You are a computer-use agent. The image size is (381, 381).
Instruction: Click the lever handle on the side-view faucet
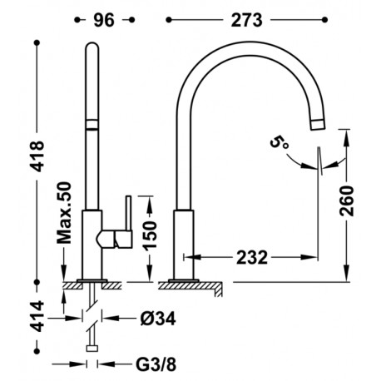(126, 211)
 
